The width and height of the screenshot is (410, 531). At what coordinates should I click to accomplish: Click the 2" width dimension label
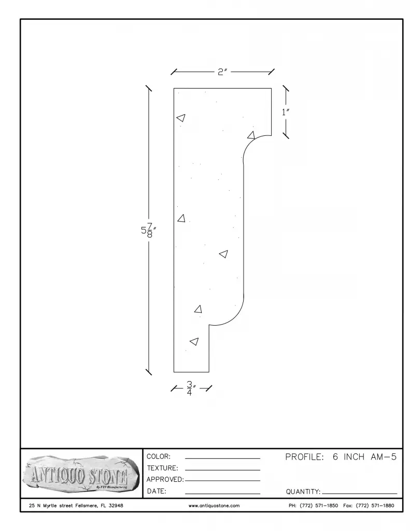[222, 72]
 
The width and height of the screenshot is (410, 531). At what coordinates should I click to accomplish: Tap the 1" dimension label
[286, 112]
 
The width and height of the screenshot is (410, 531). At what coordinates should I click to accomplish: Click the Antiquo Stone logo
[81, 474]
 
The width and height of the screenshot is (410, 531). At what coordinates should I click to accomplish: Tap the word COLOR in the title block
[159, 456]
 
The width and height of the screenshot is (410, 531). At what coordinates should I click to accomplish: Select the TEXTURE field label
[162, 468]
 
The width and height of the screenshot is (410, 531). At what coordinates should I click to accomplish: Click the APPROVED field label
[165, 480]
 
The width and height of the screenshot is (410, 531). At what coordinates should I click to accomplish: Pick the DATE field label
[157, 491]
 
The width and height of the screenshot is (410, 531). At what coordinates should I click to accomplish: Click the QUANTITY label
[303, 492]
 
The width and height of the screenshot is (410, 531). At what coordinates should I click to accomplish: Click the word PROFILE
[304, 457]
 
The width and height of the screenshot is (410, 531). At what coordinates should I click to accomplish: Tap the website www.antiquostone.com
[214, 506]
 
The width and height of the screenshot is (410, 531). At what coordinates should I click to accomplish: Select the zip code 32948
[116, 506]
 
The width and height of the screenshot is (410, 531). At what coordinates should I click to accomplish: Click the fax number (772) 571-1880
[375, 506]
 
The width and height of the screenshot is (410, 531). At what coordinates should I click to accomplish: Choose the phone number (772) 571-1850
[319, 506]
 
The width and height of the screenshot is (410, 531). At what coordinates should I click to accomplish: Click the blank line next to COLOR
[222, 458]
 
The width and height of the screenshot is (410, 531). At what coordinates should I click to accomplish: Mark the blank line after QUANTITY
[359, 494]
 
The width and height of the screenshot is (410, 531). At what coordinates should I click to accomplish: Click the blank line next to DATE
[222, 494]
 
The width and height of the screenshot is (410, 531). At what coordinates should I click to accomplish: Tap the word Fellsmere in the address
[87, 506]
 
